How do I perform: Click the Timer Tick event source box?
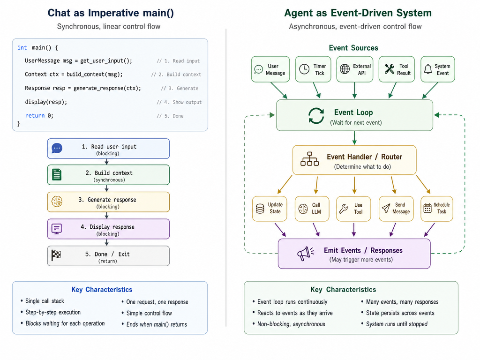click(x=313, y=69)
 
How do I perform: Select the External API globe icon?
click(x=345, y=69)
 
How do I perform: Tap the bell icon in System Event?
click(x=428, y=69)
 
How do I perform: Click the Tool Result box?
click(x=397, y=69)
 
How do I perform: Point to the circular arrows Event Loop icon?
click(x=316, y=116)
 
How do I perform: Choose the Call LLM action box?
click(x=312, y=209)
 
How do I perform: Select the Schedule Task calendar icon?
click(x=427, y=209)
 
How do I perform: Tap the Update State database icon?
click(x=260, y=209)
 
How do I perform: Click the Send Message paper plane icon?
click(x=386, y=209)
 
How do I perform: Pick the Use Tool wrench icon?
click(x=344, y=209)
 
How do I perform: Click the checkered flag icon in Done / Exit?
click(x=56, y=255)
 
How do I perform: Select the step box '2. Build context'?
click(x=108, y=175)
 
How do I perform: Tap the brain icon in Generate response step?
click(x=57, y=202)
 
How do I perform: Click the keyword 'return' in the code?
click(x=35, y=116)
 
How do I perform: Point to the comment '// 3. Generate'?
click(x=180, y=88)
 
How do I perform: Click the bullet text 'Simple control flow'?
click(x=149, y=313)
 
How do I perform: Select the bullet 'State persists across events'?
click(x=400, y=313)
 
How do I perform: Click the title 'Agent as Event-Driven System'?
click(x=358, y=13)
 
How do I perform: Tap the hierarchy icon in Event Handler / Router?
click(x=309, y=159)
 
